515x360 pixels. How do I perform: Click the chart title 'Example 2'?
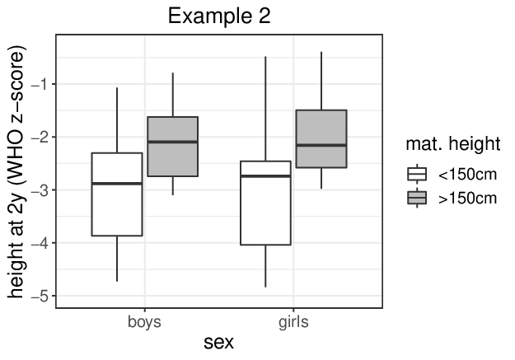219,16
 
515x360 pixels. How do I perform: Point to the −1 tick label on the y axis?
40,85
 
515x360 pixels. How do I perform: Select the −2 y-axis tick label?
40,138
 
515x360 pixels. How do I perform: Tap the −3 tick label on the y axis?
40,190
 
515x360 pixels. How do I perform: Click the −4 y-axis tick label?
40,243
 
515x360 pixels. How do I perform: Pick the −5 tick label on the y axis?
40,297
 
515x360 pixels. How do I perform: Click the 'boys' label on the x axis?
144,322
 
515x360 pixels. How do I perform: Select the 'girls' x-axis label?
293,322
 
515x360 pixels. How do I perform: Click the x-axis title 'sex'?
218,343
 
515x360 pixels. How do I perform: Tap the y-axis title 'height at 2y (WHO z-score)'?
16,172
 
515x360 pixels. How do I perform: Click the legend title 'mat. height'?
453,144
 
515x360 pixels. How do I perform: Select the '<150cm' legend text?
467,175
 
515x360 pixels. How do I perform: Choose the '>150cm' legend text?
467,199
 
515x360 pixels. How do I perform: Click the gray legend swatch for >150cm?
417,198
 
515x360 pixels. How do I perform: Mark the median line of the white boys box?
117,183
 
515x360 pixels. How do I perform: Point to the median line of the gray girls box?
321,145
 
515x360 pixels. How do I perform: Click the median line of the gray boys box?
173,142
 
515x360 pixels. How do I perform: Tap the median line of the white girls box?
265,176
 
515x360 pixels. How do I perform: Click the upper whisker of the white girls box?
265,109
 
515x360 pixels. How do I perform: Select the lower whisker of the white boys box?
117,259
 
